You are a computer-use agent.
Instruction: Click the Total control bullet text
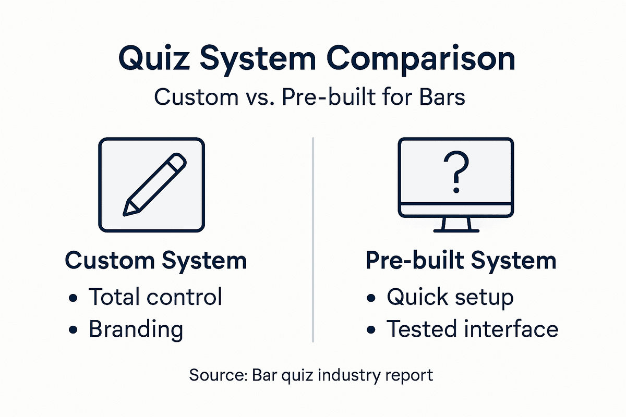click(155, 297)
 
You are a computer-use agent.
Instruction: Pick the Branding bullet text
click(136, 329)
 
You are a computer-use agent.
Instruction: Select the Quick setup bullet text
click(450, 298)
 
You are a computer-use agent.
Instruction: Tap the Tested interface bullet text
click(472, 329)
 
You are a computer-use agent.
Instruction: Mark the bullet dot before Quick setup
click(371, 298)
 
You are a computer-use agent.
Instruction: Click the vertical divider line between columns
click(312, 240)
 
